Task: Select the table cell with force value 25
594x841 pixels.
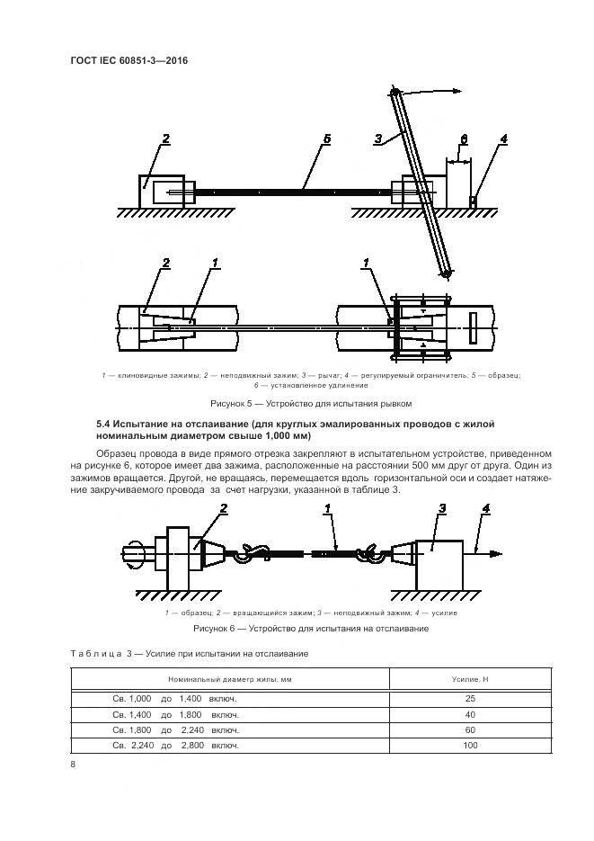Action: [469, 698]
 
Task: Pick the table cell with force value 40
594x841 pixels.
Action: [469, 713]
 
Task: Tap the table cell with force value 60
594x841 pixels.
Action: [469, 729]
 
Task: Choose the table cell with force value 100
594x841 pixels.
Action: [469, 745]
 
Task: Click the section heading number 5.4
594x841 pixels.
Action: [104, 423]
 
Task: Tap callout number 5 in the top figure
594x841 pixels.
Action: [327, 139]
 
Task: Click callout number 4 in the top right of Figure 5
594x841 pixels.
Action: [503, 139]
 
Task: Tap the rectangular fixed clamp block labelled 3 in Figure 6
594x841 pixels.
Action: [437, 559]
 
